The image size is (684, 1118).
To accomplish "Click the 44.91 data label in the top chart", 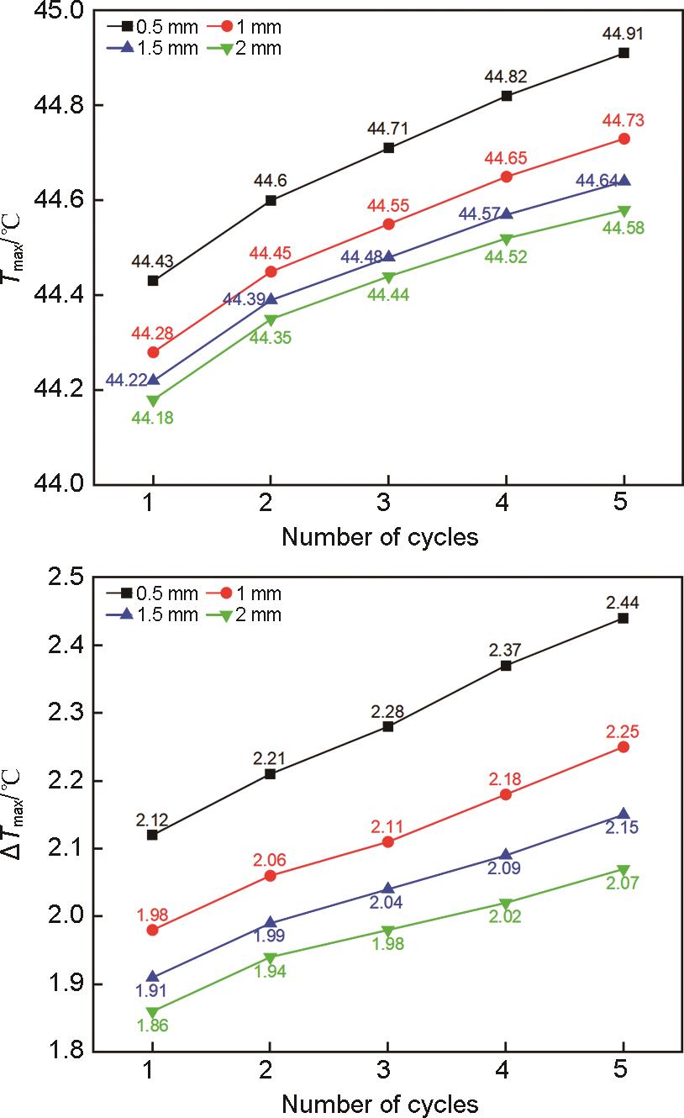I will tap(623, 34).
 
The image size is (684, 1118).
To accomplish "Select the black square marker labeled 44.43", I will tap(153, 281).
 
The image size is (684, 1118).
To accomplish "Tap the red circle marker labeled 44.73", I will tap(623, 139).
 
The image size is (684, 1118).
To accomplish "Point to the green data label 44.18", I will tap(153, 417).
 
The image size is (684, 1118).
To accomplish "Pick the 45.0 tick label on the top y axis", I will tap(58, 12).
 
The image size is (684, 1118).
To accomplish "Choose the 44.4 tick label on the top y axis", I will tap(58, 296).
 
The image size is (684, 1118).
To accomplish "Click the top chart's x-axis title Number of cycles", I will tap(380, 536).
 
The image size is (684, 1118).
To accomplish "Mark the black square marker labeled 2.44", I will tap(623, 618).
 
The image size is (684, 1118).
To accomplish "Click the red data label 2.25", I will tap(623, 727).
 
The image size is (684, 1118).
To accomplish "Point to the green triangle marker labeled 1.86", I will tap(153, 1013).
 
